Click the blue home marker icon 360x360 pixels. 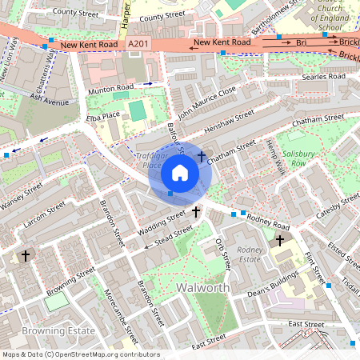coord(180,173)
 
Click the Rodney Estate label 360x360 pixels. coord(250,254)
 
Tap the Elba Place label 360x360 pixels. coord(102,118)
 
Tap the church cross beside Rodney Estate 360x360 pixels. coord(280,240)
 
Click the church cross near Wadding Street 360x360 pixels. coord(196,212)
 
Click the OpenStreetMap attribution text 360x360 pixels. coord(80,354)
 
